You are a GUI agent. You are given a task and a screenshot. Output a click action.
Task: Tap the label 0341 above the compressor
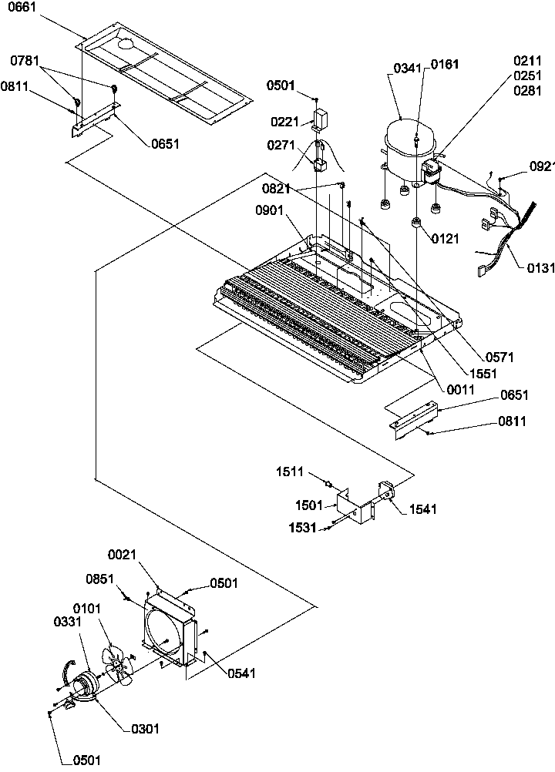[x=407, y=68]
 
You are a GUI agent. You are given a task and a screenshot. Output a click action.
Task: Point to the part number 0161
[x=445, y=65]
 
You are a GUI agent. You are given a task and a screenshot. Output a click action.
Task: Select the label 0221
[x=284, y=121]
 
